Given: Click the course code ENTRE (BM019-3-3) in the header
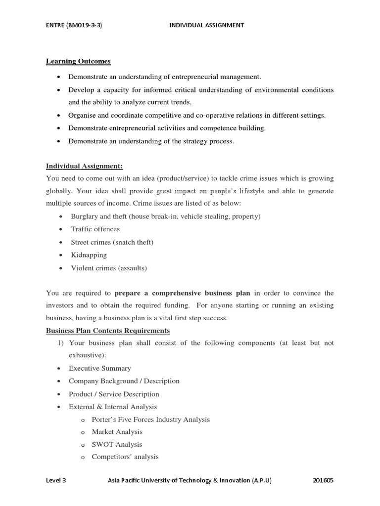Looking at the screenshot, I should click(x=74, y=25).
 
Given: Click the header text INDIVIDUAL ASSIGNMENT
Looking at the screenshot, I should click(x=207, y=25).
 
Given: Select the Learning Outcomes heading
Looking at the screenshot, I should click(x=78, y=61).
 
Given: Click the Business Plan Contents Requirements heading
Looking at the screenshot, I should click(x=108, y=331).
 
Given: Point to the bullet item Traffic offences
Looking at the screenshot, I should click(x=95, y=229).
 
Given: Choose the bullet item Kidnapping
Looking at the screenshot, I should click(x=89, y=255).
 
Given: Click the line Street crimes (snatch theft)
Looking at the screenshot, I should click(x=112, y=242).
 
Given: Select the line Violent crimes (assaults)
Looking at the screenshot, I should click(x=109, y=268).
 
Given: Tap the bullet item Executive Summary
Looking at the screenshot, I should click(x=100, y=368).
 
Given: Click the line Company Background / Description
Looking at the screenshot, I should click(x=124, y=381).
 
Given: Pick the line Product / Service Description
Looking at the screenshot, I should click(x=114, y=394).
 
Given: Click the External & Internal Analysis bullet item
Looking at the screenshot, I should click(x=113, y=407).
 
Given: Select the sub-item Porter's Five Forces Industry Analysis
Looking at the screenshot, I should click(x=150, y=420).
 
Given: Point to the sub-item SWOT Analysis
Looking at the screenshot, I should click(x=117, y=444).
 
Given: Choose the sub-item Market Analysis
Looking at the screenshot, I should click(x=117, y=432).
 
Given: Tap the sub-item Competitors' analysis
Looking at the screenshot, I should click(x=125, y=457).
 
